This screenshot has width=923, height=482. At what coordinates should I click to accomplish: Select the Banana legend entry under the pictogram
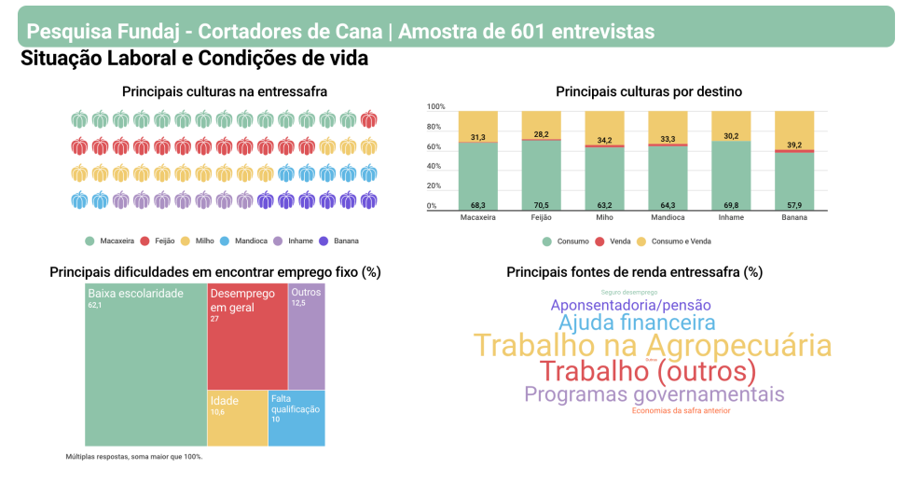(x=340, y=241)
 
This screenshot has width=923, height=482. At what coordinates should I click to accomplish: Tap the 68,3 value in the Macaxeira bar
(x=477, y=205)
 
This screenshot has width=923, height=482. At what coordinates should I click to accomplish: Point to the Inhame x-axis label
(x=731, y=217)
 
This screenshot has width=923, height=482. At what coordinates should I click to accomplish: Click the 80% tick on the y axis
(x=434, y=127)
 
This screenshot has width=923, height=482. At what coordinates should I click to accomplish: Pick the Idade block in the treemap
(x=237, y=417)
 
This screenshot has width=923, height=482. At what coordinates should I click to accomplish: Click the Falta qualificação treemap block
(x=296, y=417)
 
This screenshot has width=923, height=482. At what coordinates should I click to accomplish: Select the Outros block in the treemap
(x=306, y=336)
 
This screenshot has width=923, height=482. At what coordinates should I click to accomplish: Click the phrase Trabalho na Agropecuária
(x=652, y=345)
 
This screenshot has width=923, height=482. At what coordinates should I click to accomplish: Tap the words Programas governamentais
(x=654, y=393)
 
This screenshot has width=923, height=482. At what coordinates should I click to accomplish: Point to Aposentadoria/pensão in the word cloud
(x=630, y=305)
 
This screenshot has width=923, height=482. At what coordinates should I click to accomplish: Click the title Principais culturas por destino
(x=648, y=91)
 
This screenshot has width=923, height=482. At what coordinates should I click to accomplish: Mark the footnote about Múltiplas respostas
(x=134, y=457)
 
